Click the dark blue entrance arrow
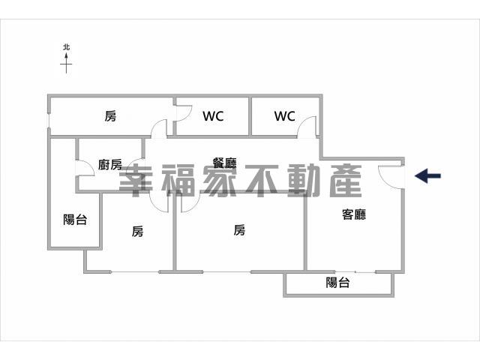427,175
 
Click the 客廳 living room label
354,214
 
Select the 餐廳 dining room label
225,163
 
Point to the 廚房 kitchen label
110,165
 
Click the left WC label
213,116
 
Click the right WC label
285,116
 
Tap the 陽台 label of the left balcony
75,220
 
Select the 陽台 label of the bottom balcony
337,282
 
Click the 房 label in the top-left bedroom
110,116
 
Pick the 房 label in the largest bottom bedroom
239,230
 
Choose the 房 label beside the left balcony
137,231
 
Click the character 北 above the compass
66,47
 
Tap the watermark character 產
346,181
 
